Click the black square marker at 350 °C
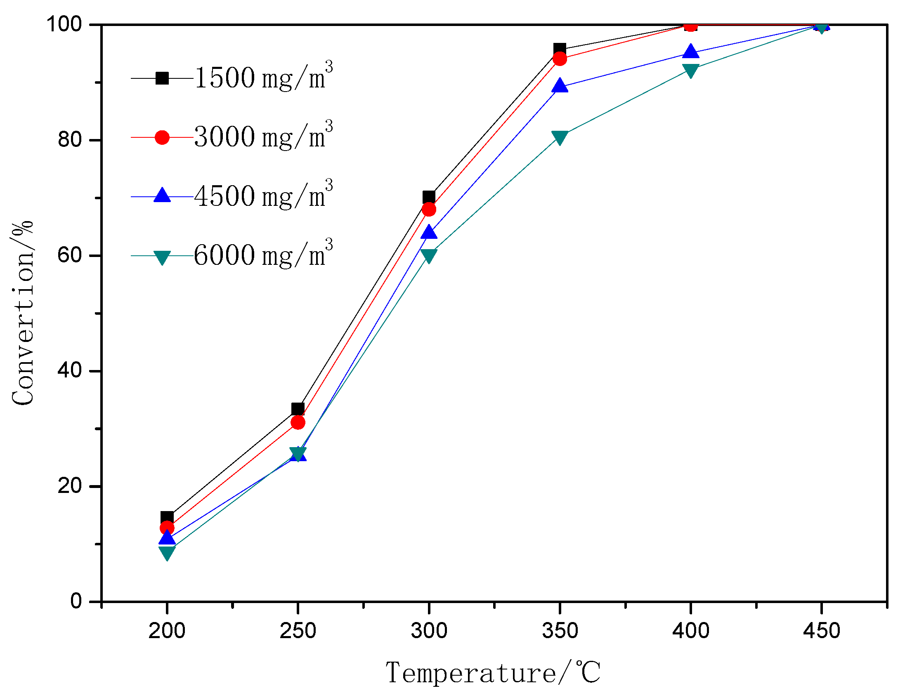click(560, 49)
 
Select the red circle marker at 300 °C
click(429, 209)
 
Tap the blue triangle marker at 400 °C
click(691, 52)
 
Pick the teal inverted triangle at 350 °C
click(560, 137)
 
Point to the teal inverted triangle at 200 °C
click(167, 552)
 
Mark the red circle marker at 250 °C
click(298, 422)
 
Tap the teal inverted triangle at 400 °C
click(691, 70)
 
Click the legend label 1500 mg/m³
click(263, 77)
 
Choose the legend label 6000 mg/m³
click(263, 254)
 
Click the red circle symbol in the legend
click(162, 137)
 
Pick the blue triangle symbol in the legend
click(162, 196)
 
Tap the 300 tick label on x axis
click(429, 631)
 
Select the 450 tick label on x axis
click(821, 631)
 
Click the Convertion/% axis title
click(23, 313)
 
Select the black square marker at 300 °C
click(429, 197)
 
